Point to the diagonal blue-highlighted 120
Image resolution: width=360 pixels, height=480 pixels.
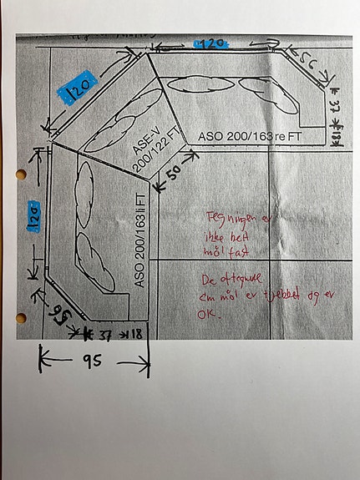(84, 87)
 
